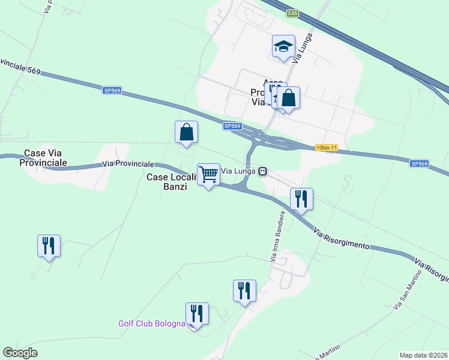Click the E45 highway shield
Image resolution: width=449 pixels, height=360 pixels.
coord(292,13)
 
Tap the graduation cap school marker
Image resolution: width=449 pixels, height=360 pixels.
coord(283,46)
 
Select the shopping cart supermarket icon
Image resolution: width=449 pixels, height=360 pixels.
coord(208,174)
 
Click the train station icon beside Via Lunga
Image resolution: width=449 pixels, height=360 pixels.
coord(262,172)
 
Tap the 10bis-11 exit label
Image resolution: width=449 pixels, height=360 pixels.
coord(327,147)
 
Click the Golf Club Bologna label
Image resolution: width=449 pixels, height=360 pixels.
coord(151,324)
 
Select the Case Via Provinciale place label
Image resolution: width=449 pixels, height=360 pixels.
coord(45,158)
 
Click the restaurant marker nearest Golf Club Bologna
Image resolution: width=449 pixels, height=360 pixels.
coord(196,313)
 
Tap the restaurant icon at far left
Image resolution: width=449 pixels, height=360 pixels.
coord(49,245)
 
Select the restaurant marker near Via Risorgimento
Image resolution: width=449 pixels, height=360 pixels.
coord(301,199)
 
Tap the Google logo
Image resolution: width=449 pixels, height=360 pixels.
coord(20,353)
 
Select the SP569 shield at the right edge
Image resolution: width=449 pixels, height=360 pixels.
coord(420,163)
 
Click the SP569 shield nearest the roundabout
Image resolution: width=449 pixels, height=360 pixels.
coord(232,126)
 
